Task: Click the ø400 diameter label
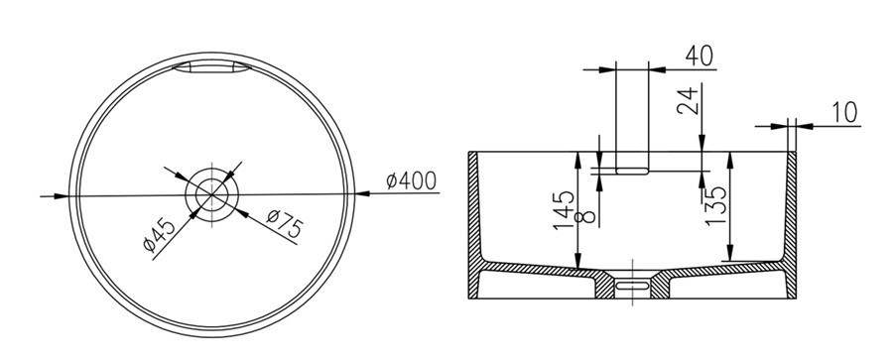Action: coord(411,180)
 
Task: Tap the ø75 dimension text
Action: coord(284,224)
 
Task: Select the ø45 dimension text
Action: coord(159,234)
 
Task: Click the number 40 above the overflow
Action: coord(699,56)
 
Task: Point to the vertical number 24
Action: coord(689,100)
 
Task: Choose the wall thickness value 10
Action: coord(844,113)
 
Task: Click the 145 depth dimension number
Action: coord(564,209)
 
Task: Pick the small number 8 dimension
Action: coord(586,216)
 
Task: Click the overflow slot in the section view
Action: coord(632,171)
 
